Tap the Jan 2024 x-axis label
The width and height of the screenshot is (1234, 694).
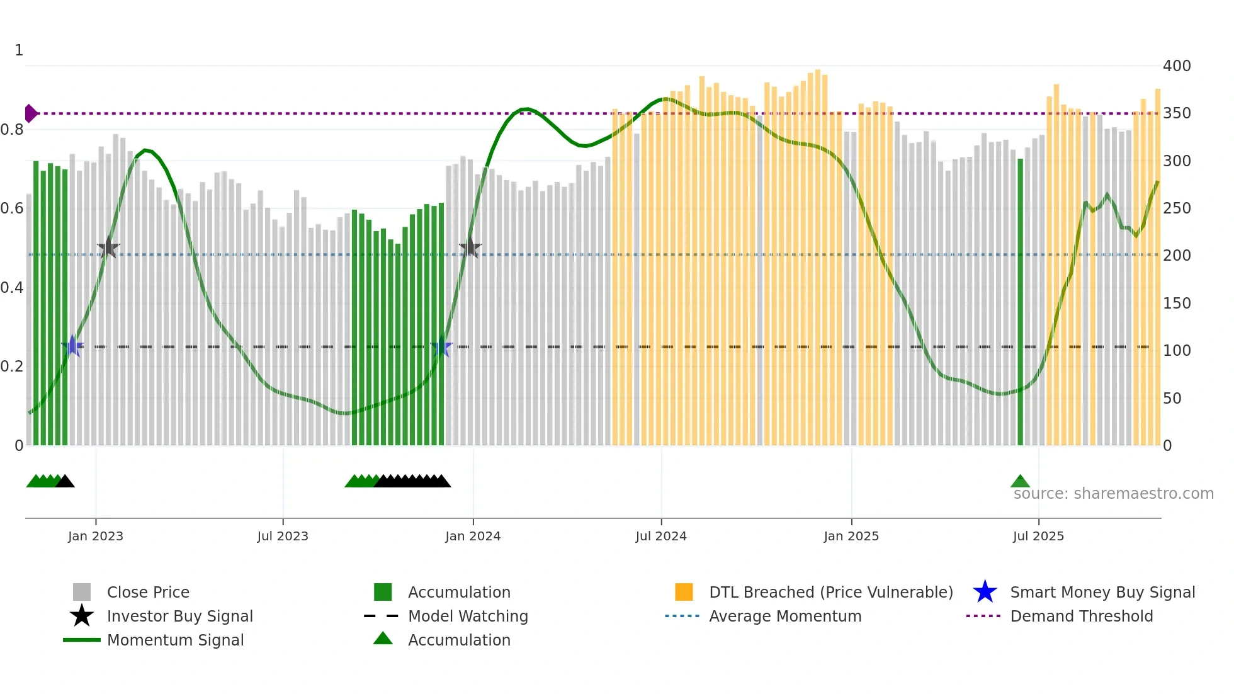click(473, 537)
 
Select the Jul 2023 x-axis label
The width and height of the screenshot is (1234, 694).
click(283, 537)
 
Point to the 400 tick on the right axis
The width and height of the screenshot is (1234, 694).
click(1176, 66)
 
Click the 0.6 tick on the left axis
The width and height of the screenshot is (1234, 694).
click(12, 208)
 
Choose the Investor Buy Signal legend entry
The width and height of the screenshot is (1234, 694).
click(179, 617)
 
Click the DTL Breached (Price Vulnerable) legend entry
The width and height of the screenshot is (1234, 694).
click(830, 593)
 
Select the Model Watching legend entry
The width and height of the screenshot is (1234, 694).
click(467, 617)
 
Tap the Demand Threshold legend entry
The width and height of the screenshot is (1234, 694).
click(1081, 617)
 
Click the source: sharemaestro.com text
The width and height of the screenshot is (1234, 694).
click(1113, 494)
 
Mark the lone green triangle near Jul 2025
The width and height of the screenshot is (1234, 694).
click(1020, 482)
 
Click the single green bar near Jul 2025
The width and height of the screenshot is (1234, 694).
click(1021, 302)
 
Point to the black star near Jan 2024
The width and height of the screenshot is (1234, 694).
click(470, 247)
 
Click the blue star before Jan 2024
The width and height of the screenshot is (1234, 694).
click(441, 347)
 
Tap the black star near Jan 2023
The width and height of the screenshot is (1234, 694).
click(108, 247)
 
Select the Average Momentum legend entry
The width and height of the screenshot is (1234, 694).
click(784, 617)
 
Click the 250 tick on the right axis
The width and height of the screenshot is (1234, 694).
click(1176, 208)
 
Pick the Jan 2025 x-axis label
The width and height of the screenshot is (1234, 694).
click(851, 537)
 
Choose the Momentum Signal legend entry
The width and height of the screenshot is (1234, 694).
click(174, 640)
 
